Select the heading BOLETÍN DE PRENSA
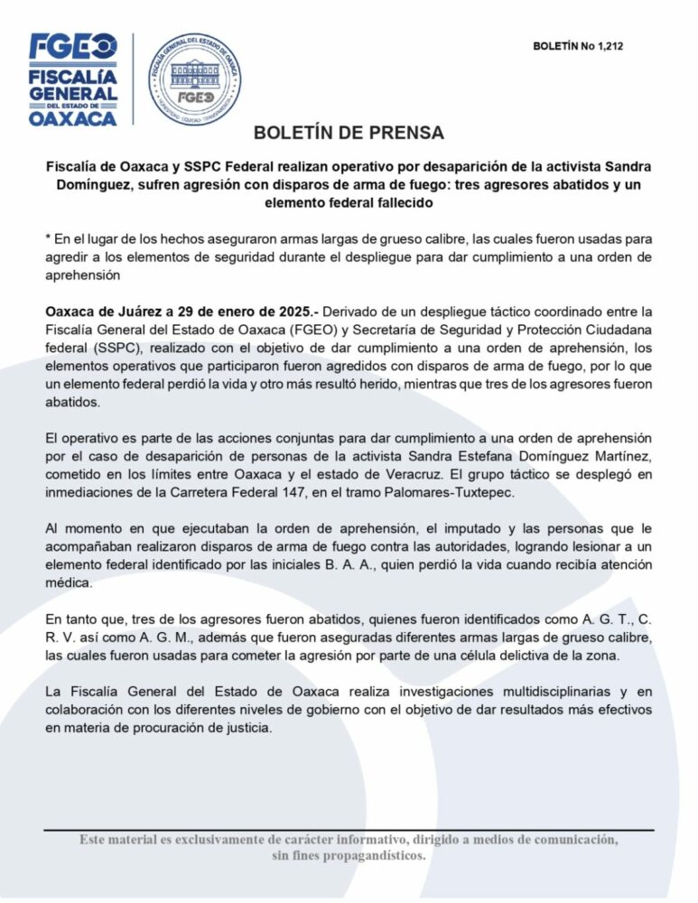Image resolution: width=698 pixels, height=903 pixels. point(349,133)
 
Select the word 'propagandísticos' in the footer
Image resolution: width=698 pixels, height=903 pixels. point(371,855)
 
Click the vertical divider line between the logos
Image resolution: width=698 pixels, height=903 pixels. point(134,79)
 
